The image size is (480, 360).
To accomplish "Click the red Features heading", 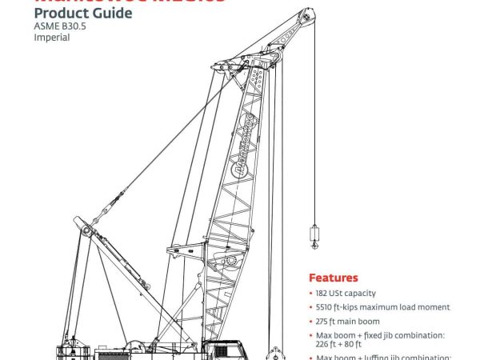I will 334,278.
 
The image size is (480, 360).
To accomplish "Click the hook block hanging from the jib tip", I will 314,237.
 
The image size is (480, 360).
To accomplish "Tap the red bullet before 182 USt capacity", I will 311,294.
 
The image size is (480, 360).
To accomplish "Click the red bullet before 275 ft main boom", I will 311,322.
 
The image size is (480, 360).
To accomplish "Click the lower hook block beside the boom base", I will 275,352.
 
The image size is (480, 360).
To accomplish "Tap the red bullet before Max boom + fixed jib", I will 311,335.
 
